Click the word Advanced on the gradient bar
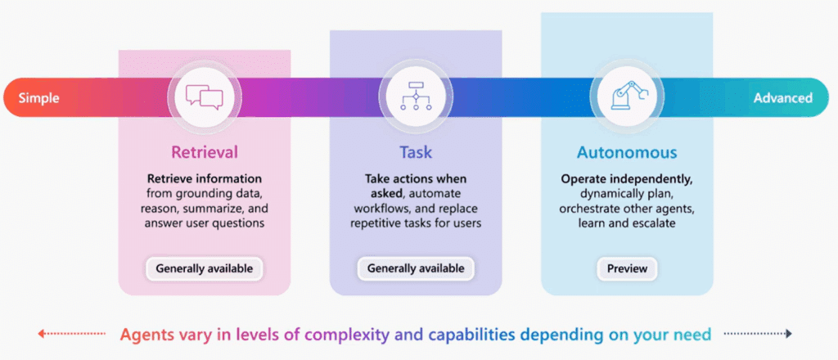782,98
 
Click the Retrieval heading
205,152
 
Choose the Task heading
416,152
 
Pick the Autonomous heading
627,152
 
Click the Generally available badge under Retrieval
205,268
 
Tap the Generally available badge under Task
416,268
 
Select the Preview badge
627,268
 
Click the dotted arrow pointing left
71,334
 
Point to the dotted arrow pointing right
758,334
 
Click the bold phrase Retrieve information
205,178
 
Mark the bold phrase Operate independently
626,178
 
